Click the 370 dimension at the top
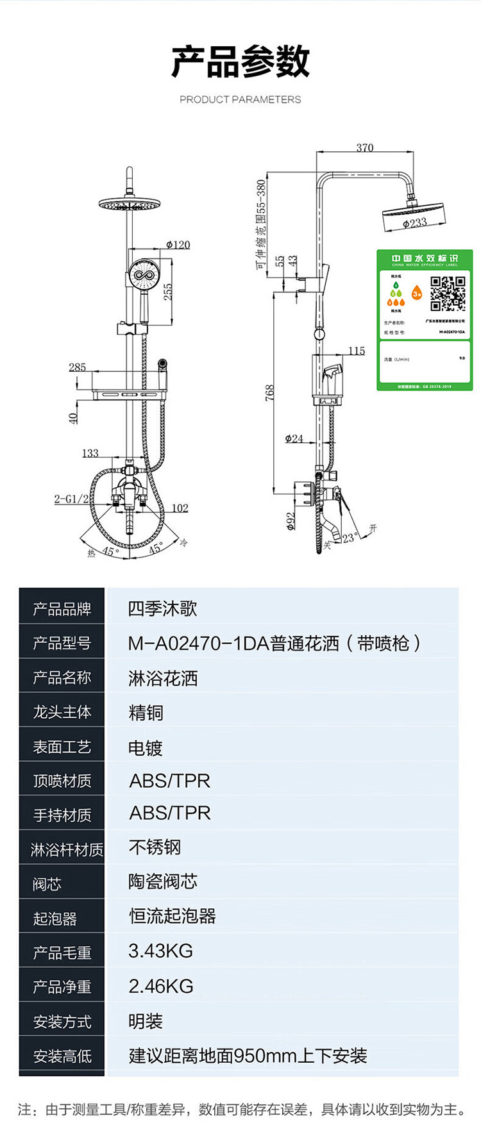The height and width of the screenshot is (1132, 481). pyautogui.click(x=364, y=148)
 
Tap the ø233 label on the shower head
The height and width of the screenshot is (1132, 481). pyautogui.click(x=415, y=223)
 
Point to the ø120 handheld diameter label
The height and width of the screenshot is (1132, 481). pyautogui.click(x=178, y=245)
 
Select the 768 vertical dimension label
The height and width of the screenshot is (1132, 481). pyautogui.click(x=270, y=393)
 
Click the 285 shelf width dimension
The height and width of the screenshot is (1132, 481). pyautogui.click(x=77, y=367)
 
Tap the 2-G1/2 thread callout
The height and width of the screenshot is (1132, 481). pyautogui.click(x=71, y=499)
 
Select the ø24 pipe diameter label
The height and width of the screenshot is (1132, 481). pyautogui.click(x=294, y=438)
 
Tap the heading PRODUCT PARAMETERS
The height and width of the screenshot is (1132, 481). pyautogui.click(x=240, y=99)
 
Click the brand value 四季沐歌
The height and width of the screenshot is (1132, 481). pyautogui.click(x=162, y=608)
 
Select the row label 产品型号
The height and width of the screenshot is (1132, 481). pyautogui.click(x=62, y=643)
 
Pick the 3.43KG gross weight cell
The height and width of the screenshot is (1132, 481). pyautogui.click(x=160, y=951)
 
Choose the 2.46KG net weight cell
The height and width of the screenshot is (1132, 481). pyautogui.click(x=160, y=986)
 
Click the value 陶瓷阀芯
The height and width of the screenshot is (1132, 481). pyautogui.click(x=162, y=881)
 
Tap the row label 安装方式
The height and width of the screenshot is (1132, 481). pyautogui.click(x=62, y=1021)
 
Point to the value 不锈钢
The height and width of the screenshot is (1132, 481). pyautogui.click(x=155, y=847)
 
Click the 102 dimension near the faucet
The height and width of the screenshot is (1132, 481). pyautogui.click(x=180, y=508)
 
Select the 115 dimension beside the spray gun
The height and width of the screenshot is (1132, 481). pyautogui.click(x=357, y=351)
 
